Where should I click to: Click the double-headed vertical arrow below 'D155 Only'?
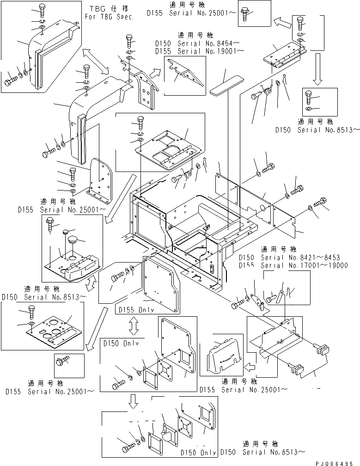tap(134, 326)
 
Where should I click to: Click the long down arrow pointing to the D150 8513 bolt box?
tap(318, 69)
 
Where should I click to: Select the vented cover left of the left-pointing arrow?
tap(222, 352)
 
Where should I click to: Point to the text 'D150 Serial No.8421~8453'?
tap(296, 257)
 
